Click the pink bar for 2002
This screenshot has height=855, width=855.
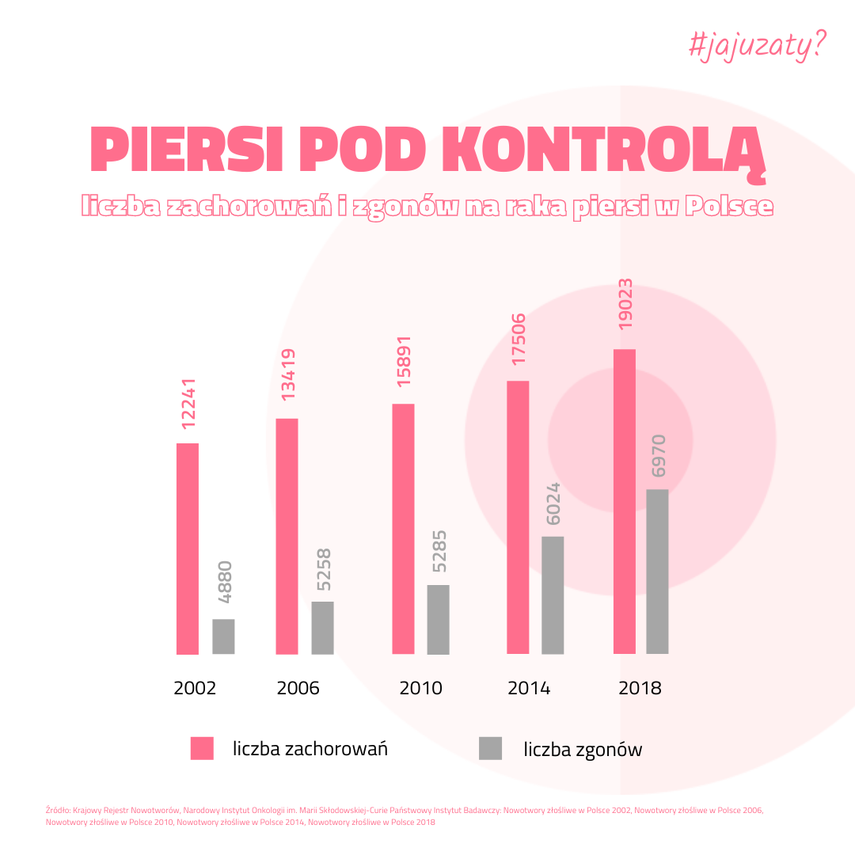[x=188, y=549]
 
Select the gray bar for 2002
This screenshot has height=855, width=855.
[x=223, y=636]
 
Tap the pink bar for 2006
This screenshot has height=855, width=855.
[x=287, y=536]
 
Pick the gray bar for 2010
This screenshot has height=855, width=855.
[x=438, y=619]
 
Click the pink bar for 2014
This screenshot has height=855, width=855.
[x=518, y=517]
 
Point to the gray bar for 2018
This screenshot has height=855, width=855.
[x=657, y=572]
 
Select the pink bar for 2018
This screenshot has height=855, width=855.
[x=625, y=501]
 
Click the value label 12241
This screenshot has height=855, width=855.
[x=188, y=405]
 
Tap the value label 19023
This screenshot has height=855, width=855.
[x=625, y=304]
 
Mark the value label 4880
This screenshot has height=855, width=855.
[x=225, y=583]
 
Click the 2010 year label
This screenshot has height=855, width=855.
[x=420, y=688]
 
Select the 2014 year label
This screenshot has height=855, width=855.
[x=529, y=688]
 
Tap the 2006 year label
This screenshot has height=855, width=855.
[x=298, y=688]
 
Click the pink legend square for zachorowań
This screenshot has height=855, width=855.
[x=202, y=748]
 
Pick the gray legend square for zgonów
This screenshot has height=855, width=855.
[x=491, y=748]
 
